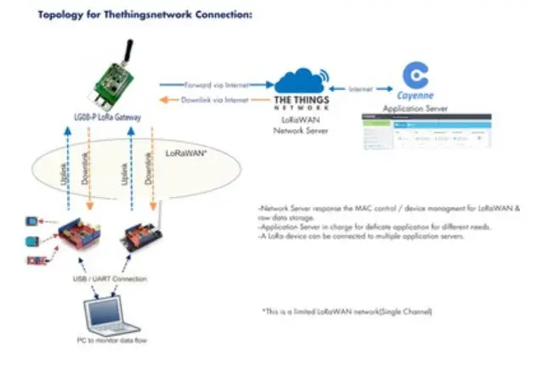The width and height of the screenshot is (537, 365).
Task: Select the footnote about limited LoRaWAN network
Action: [348, 312]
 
